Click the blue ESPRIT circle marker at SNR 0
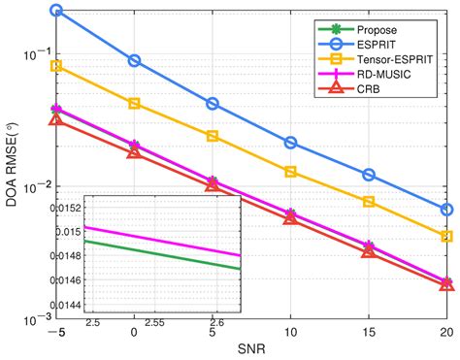(134, 60)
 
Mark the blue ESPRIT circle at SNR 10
(290, 143)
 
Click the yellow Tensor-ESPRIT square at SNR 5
(213, 136)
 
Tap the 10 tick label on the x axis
(290, 330)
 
